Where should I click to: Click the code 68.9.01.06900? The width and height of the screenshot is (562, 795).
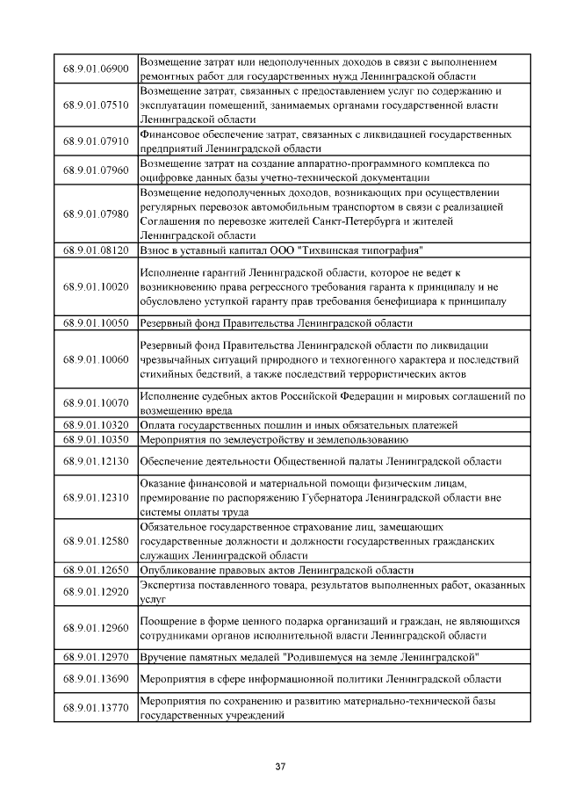click(x=96, y=69)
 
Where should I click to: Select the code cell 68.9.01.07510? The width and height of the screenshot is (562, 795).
click(x=96, y=105)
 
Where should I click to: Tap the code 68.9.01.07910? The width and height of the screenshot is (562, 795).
click(x=96, y=141)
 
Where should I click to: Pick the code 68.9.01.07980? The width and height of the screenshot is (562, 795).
click(x=96, y=213)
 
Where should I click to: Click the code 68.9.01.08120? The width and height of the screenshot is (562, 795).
click(x=96, y=250)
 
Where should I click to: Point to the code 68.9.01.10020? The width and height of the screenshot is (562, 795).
click(x=96, y=287)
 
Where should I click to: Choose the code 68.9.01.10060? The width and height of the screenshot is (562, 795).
click(x=96, y=359)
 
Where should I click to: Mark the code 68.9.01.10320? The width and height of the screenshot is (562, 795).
click(x=96, y=425)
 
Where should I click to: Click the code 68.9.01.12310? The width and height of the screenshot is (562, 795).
click(x=96, y=497)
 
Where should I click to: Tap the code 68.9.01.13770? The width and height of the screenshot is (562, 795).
click(x=96, y=707)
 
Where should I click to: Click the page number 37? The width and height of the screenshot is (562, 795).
click(x=281, y=767)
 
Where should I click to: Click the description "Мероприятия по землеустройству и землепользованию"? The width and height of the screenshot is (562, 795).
click(x=274, y=438)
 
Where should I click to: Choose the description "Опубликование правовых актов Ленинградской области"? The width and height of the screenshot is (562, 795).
click(x=277, y=569)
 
